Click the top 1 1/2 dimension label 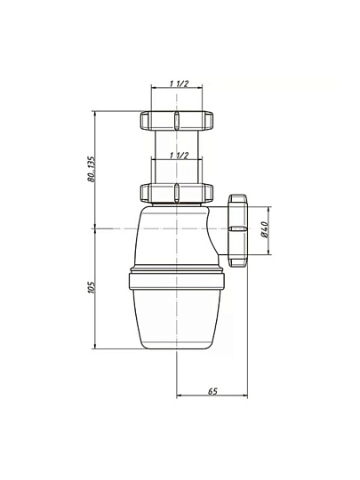[x=179, y=84]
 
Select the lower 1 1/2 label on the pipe [x=179, y=156]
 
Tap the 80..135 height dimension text [x=92, y=169]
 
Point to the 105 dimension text [x=92, y=288]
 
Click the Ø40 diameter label [x=265, y=229]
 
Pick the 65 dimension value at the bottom [x=212, y=391]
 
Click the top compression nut [x=177, y=120]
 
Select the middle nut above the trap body [x=177, y=193]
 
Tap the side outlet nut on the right [x=237, y=230]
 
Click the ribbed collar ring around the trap [x=177, y=281]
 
